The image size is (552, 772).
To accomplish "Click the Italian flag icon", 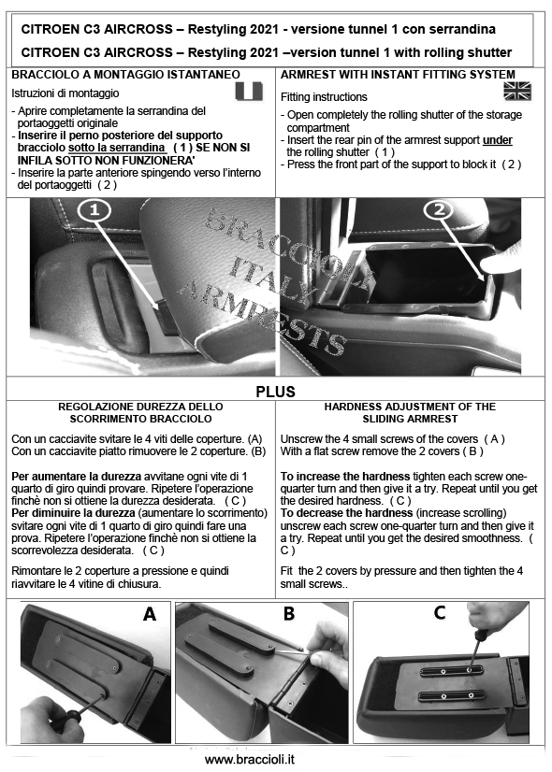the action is [250, 91].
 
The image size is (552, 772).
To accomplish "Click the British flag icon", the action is [517, 91].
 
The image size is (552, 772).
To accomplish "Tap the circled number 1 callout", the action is [94, 210].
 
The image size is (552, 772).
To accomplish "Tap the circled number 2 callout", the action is [439, 210].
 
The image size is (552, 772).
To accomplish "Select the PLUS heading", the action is [275, 392].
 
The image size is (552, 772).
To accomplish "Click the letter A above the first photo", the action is [150, 614].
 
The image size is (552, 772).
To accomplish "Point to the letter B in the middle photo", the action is [289, 613].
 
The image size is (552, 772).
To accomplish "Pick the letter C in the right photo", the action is [440, 612].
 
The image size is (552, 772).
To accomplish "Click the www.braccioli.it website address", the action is [250, 759].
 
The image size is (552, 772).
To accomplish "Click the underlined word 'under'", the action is [498, 140].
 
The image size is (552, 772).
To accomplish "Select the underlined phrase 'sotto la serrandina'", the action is [117, 148].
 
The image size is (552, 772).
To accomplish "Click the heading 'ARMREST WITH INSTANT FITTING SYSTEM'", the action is [398, 75].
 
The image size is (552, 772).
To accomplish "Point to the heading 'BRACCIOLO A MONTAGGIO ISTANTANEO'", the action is [125, 75].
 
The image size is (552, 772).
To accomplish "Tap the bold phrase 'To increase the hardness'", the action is [345, 476].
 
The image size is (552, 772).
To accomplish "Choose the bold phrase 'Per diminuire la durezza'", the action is [73, 513].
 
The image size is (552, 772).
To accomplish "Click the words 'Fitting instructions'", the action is [324, 97].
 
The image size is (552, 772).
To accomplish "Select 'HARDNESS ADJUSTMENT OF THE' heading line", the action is [410, 407].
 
